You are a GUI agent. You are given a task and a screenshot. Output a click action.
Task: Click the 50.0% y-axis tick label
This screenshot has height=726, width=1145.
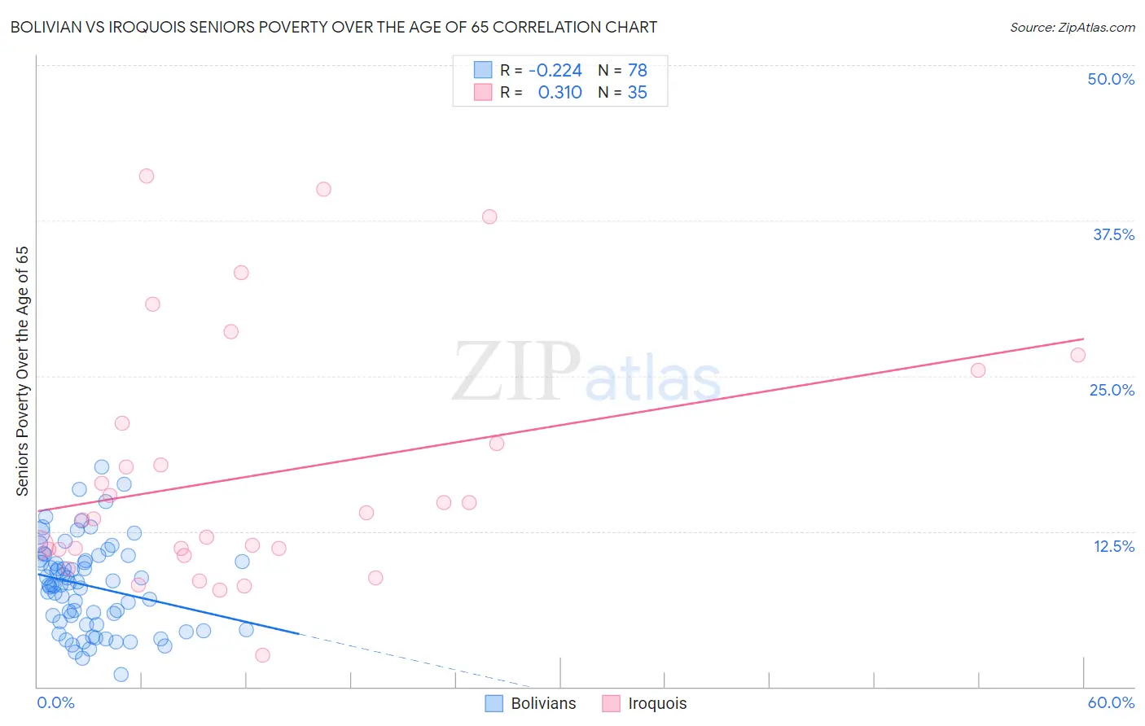pyautogui.click(x=1111, y=79)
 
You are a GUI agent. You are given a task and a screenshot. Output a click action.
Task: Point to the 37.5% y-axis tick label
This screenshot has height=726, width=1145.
pyautogui.click(x=1113, y=234)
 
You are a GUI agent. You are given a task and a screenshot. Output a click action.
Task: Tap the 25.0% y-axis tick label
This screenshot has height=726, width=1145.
pyautogui.click(x=1112, y=390)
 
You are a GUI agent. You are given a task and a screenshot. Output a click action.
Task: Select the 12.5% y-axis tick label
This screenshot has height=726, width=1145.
pyautogui.click(x=1113, y=546)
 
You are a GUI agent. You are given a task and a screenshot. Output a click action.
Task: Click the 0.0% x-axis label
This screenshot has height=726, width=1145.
pyautogui.click(x=55, y=702)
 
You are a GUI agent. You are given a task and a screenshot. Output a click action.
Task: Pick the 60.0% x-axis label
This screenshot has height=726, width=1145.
pyautogui.click(x=1111, y=702)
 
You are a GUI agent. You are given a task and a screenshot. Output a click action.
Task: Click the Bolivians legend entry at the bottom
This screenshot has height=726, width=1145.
pyautogui.click(x=531, y=703)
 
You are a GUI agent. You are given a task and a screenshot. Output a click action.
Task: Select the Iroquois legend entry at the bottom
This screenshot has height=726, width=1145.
pyautogui.click(x=645, y=703)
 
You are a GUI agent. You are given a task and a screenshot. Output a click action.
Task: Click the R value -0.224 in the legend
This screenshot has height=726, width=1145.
pyautogui.click(x=555, y=70)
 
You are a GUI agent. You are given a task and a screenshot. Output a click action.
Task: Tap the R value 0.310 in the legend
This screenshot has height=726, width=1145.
pyautogui.click(x=559, y=93)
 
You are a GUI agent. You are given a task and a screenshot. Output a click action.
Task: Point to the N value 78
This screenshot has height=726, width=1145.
pyautogui.click(x=637, y=70)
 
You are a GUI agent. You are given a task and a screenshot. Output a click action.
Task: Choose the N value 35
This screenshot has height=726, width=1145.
pyautogui.click(x=637, y=93)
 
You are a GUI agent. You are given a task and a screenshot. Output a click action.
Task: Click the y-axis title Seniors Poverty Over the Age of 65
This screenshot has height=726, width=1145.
pyautogui.click(x=22, y=371)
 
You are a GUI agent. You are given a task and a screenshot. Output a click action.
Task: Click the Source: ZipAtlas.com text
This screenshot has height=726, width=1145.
pyautogui.click(x=1072, y=27)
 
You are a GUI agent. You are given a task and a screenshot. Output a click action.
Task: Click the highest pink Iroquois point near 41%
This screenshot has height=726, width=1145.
pyautogui.click(x=147, y=176)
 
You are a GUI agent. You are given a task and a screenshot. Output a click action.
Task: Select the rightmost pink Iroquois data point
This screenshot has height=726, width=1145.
pyautogui.click(x=1077, y=355)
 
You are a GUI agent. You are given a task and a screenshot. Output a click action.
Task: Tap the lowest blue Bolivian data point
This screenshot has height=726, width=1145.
pyautogui.click(x=121, y=674)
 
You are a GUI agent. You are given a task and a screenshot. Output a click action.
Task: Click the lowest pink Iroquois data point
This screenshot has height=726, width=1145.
pyautogui.click(x=262, y=655)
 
